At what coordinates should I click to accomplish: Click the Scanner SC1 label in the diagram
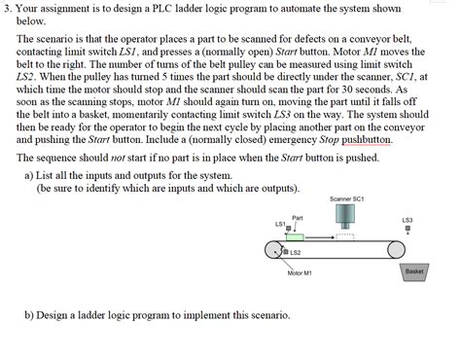tap(346, 198)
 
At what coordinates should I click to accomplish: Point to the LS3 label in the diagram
tap(407, 220)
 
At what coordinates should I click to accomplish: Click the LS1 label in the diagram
tap(280, 225)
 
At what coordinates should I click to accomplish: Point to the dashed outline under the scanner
tap(346, 235)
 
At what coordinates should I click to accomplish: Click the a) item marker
tap(28, 174)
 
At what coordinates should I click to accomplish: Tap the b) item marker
tap(29, 315)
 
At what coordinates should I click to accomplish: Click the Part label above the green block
tap(298, 217)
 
